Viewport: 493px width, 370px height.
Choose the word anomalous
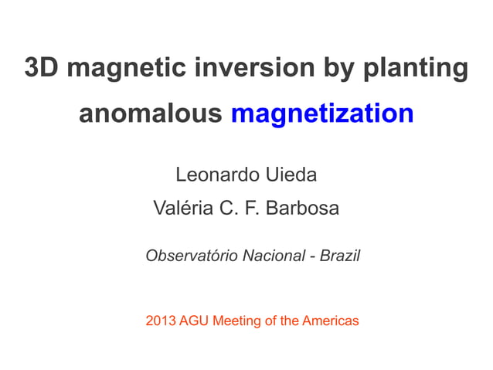[x=150, y=114]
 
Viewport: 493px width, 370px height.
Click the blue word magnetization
[x=322, y=115]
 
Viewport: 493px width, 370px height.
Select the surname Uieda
[x=290, y=175]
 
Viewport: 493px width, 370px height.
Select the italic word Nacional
[x=274, y=255]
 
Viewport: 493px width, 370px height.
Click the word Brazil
[x=340, y=255]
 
